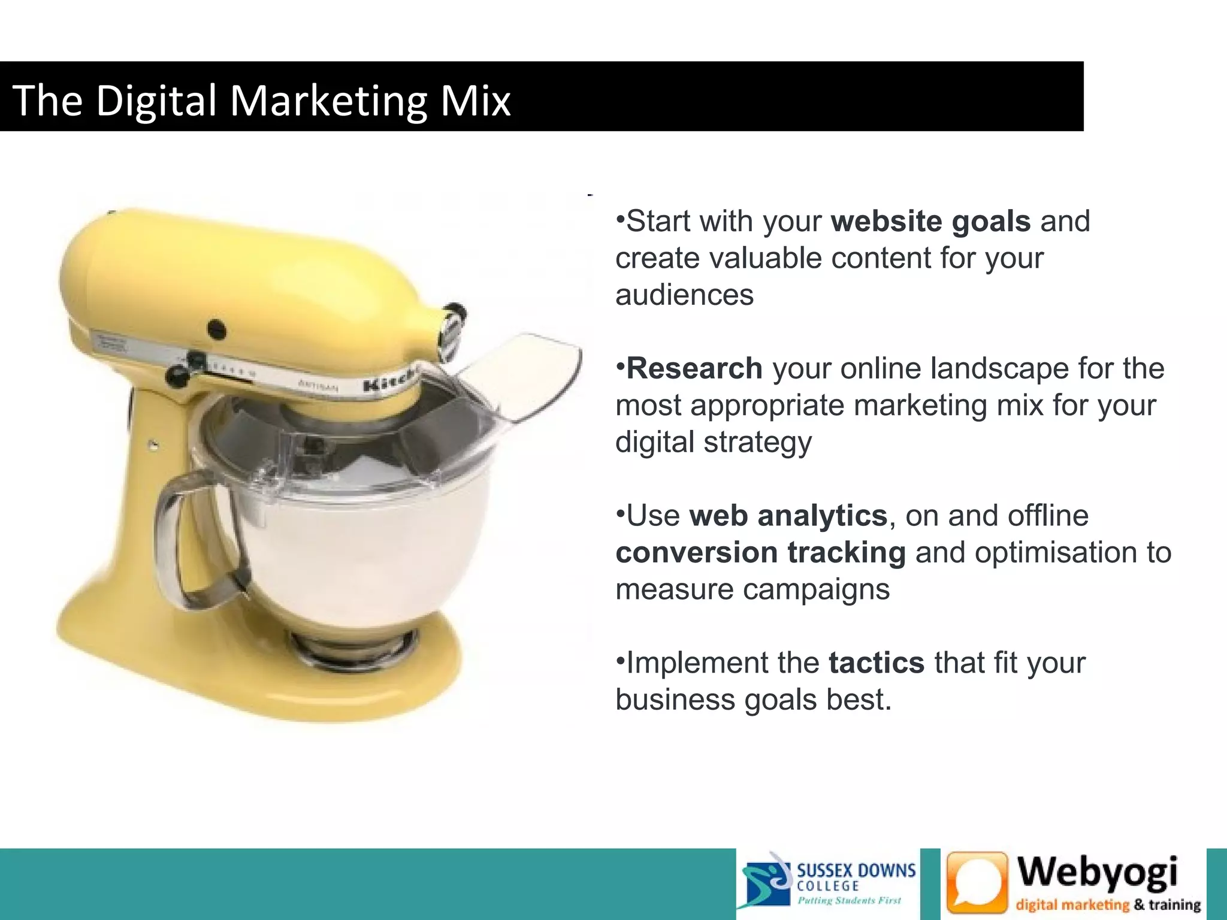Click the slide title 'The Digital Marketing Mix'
(x=261, y=99)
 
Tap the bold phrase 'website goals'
(x=930, y=221)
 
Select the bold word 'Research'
(x=694, y=368)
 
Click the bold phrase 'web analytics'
(x=788, y=516)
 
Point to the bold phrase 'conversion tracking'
(x=760, y=552)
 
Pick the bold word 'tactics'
(x=877, y=663)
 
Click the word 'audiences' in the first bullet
(x=684, y=295)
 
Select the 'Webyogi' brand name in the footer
(x=1098, y=872)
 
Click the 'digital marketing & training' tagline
(x=1108, y=904)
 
